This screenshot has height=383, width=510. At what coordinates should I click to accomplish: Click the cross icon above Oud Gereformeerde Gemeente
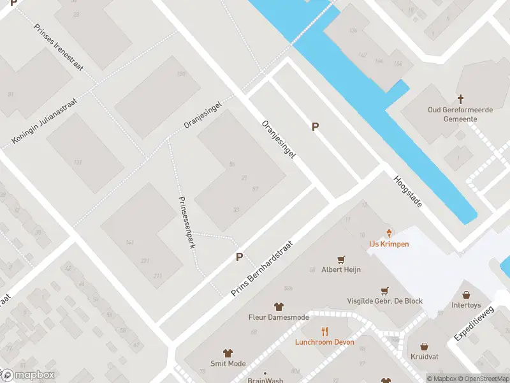(x=461, y=99)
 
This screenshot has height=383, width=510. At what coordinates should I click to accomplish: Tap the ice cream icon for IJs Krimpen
(x=389, y=234)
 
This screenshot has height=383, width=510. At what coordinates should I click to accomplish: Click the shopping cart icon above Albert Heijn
(x=341, y=259)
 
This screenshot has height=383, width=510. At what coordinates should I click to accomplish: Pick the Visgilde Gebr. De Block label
(x=384, y=301)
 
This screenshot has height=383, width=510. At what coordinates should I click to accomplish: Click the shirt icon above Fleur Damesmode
(x=279, y=306)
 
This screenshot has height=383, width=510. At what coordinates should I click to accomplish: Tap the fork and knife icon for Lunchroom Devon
(x=324, y=331)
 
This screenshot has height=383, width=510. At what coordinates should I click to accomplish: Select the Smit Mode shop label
(x=228, y=363)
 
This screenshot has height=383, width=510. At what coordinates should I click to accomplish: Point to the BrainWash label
(x=265, y=379)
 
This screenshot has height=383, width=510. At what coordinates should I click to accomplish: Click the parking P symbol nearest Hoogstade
(x=315, y=127)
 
